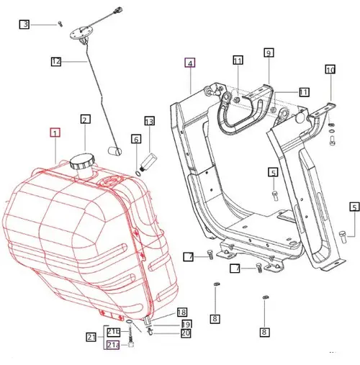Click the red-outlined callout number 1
pyautogui.click(x=55, y=132)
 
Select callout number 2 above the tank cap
pyautogui.click(x=85, y=120)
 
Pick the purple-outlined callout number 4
pyautogui.click(x=190, y=63)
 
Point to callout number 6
pyautogui.click(x=135, y=138)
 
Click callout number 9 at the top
pyautogui.click(x=268, y=53)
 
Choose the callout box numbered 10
pyautogui.click(x=330, y=70)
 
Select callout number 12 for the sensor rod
pyautogui.click(x=56, y=62)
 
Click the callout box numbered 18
pyautogui.click(x=181, y=312)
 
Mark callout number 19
pyautogui.click(x=186, y=324)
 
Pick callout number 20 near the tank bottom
pyautogui.click(x=185, y=333)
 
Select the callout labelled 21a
pyautogui.click(x=113, y=345)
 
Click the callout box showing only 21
pyautogui.click(x=91, y=337)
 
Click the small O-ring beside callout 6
pyautogui.click(x=137, y=171)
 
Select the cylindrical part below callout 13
pyautogui.click(x=148, y=157)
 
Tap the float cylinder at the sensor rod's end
pyautogui.click(x=112, y=150)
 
